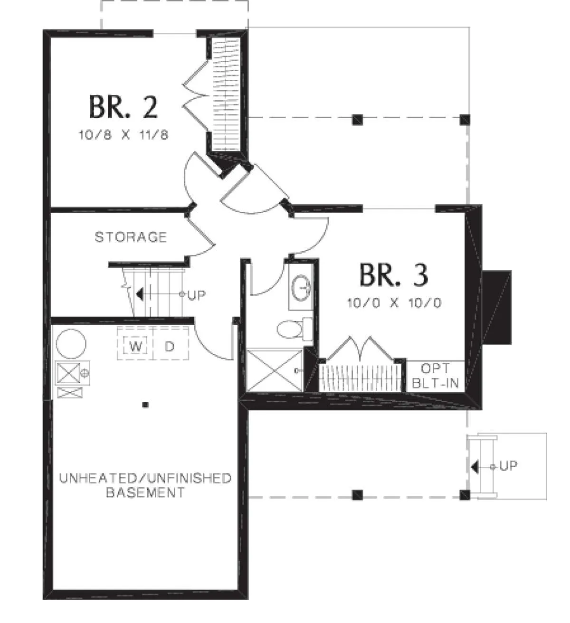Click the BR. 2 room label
pos(123,107)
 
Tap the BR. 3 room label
pos(393,274)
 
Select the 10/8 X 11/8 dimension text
pos(123,135)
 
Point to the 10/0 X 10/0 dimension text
pos(394,303)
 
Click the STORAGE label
pos(131,237)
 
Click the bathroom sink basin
pos(301,288)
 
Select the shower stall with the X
pos(274,370)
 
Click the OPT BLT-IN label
pos(435,376)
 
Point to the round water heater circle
pos(71,344)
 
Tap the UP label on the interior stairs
pos(197,295)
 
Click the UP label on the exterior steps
pos(508,466)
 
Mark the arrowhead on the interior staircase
pos(140,294)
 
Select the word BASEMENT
pos(145,492)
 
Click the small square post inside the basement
pos(145,405)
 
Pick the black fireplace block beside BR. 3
pos(496,307)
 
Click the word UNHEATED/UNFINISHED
pos(145,478)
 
